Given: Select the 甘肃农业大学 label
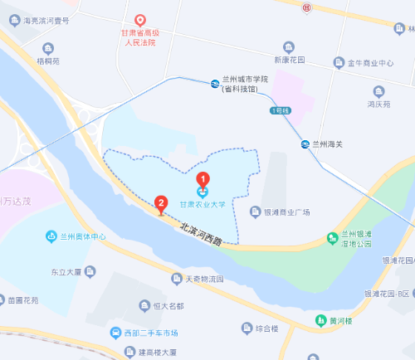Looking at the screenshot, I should pyautogui.click(x=202, y=202).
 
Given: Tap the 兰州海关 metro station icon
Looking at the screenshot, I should pyautogui.click(x=305, y=144).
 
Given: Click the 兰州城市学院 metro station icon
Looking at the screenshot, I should pyautogui.click(x=215, y=84).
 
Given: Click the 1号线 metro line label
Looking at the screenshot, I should pyautogui.click(x=279, y=109).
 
